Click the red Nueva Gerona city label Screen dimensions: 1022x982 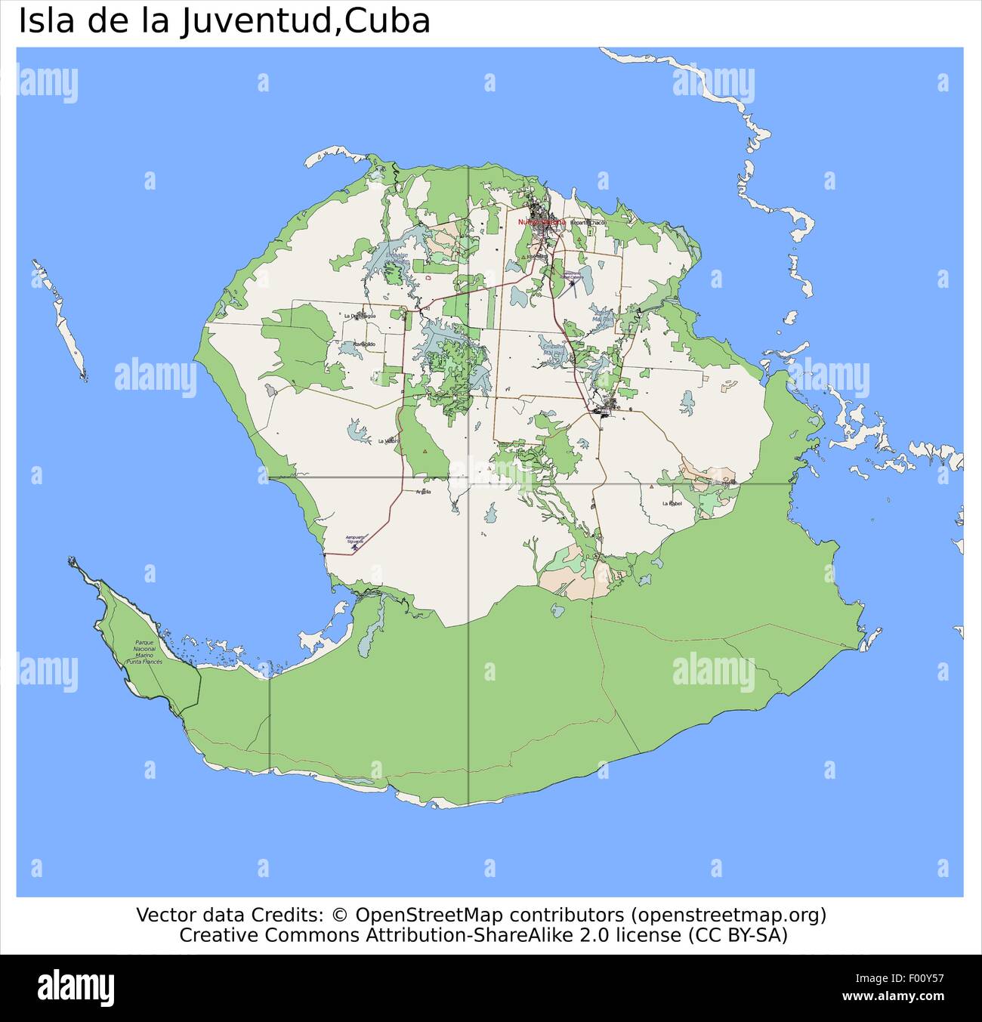coord(541,222)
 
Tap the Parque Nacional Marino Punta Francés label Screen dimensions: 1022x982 coord(144,652)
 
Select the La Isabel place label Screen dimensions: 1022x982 coord(672,503)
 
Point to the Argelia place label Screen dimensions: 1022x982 coord(423,492)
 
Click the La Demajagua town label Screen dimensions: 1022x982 coord(360,316)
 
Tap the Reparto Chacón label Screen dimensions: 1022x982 coord(588,223)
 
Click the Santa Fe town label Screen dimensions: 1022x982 coord(608,408)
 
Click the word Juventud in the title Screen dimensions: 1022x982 coord(256,21)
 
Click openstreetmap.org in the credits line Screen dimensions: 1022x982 coord(729,915)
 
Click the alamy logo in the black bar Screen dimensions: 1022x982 coord(76,987)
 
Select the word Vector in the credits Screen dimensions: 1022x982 coord(162,915)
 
